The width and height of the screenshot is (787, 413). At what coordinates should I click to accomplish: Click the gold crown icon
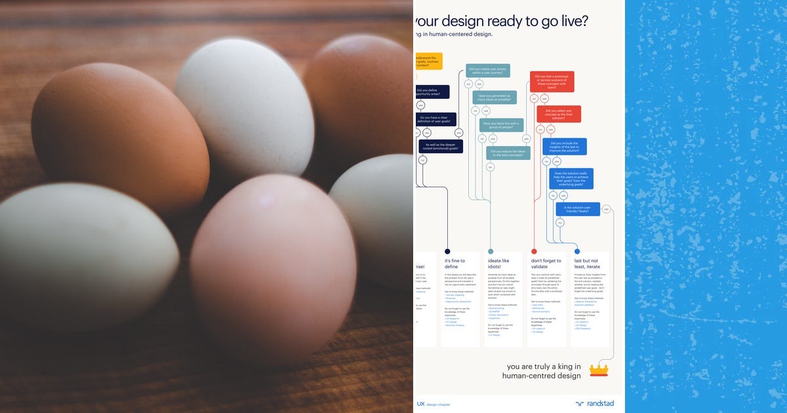point(599,370)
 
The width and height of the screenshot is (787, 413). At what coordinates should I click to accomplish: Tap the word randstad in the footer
point(599,404)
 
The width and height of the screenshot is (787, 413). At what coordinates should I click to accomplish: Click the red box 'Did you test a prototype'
point(552,82)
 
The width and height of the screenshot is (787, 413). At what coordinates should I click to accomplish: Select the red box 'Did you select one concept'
point(559,114)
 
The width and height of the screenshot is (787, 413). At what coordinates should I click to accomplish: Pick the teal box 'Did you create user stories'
point(488,71)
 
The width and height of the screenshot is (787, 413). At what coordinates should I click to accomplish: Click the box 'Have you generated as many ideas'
point(494,98)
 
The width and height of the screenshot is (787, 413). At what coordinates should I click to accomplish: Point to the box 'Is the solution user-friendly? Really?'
point(578,209)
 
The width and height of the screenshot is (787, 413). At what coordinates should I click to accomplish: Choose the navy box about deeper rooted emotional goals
point(441,147)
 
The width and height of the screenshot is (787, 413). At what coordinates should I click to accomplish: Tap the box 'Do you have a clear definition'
point(435,120)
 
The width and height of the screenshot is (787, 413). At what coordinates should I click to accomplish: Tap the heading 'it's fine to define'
point(454,264)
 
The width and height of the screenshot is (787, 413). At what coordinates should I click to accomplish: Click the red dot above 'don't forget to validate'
point(534,251)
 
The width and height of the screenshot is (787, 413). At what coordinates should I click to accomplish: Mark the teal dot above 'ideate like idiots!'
point(491,251)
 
